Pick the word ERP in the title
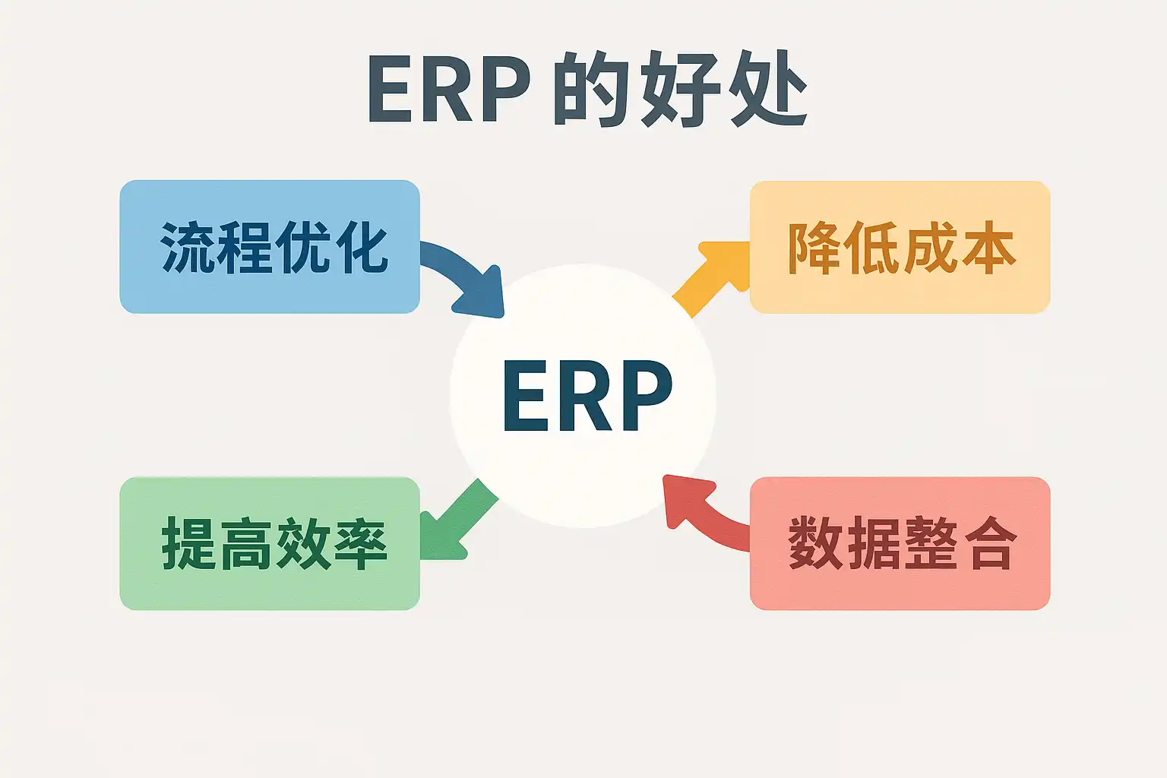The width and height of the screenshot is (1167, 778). [448, 90]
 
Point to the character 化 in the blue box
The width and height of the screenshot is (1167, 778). [362, 248]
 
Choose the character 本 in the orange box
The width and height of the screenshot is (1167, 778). [988, 248]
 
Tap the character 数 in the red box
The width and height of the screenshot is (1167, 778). [816, 544]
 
